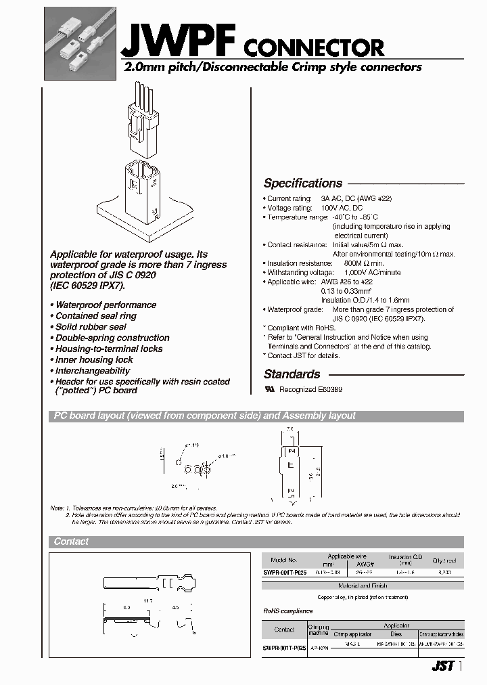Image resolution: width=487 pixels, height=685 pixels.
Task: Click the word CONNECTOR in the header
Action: tap(313, 47)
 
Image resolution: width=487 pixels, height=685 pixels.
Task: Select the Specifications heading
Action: tap(302, 183)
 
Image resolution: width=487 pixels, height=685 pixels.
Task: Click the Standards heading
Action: tap(292, 374)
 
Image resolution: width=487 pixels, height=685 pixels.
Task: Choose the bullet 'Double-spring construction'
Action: tap(112, 338)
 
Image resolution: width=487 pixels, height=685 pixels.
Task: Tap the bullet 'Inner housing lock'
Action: tap(94, 359)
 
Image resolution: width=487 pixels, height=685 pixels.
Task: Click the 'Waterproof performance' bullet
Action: tap(106, 305)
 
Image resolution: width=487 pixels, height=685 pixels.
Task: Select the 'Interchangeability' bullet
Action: tap(93, 371)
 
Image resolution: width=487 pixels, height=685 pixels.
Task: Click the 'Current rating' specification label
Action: tap(289, 199)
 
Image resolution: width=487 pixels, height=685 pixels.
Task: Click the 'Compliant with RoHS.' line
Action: tap(300, 328)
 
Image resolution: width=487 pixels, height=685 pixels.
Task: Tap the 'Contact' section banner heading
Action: tap(71, 542)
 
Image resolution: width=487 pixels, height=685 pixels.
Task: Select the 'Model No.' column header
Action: tap(283, 560)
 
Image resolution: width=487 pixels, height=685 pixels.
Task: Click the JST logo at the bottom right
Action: tap(442, 666)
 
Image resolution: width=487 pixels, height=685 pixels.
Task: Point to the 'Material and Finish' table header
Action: tap(363, 585)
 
